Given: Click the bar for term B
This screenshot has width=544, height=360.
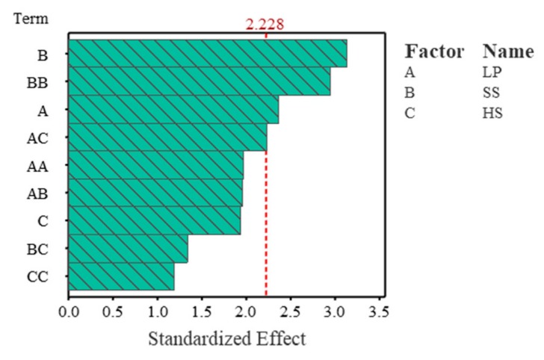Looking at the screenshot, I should (207, 53).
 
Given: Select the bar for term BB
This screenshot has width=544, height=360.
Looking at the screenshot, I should (199, 81).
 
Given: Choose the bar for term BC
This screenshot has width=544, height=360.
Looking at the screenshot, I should (128, 248).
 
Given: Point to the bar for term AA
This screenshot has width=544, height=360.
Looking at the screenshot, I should (155, 164).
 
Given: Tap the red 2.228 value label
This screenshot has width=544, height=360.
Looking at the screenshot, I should (265, 25).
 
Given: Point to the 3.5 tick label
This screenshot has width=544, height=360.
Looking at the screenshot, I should (379, 308).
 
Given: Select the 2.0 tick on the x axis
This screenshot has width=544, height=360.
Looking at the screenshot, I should (246, 308).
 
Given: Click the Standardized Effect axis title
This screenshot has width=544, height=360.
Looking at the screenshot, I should (227, 338).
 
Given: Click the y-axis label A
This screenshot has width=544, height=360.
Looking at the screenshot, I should (43, 110).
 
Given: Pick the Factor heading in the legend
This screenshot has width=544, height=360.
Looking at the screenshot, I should (434, 52).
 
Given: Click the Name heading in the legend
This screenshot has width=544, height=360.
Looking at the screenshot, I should (508, 52).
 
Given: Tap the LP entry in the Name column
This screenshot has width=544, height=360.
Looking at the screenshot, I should (493, 75).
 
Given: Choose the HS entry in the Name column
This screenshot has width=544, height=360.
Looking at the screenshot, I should (493, 114).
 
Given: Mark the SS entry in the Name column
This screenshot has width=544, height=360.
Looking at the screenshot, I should (492, 94).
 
